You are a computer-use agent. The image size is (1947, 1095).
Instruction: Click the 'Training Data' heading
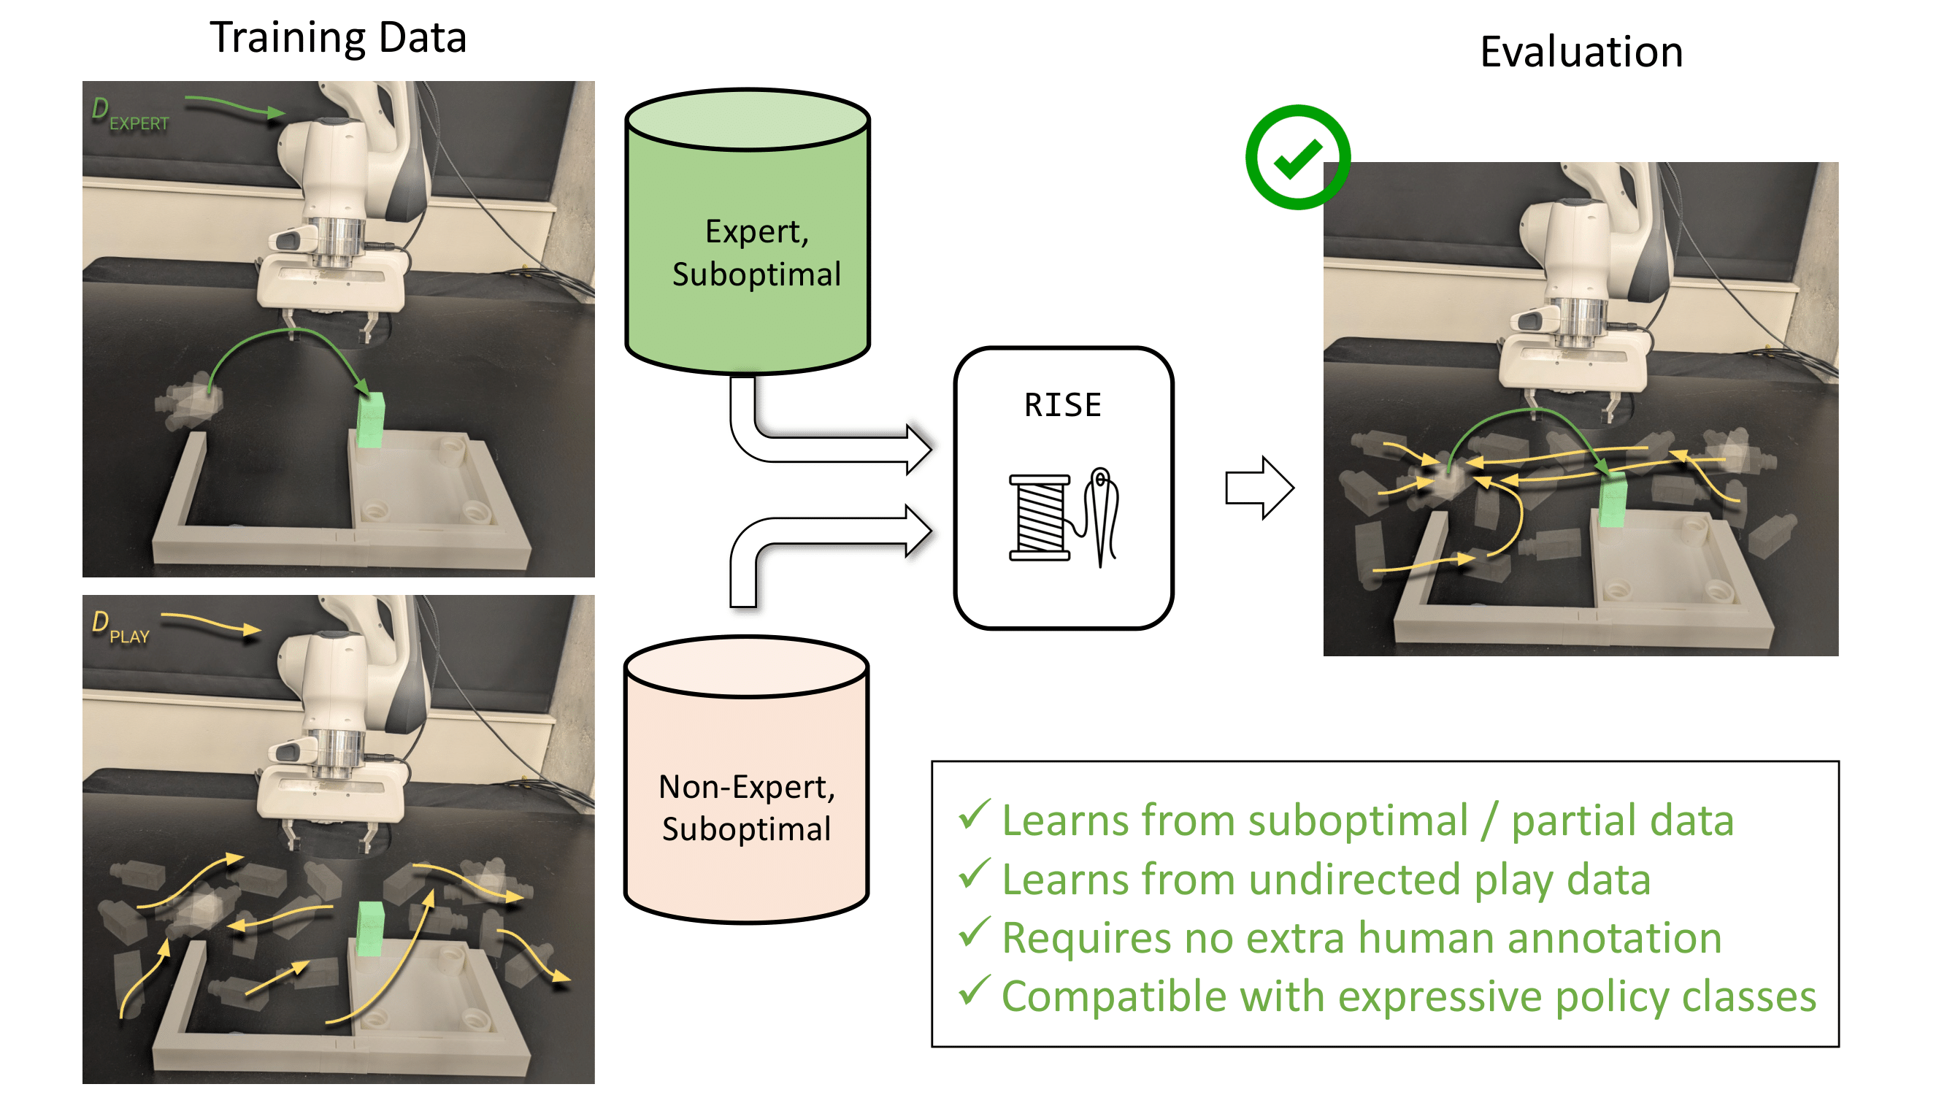click(338, 38)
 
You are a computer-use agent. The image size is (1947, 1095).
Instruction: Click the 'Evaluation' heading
click(1581, 52)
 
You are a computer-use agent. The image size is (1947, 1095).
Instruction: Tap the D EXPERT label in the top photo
click(129, 115)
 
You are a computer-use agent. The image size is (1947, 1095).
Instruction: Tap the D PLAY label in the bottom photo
click(120, 628)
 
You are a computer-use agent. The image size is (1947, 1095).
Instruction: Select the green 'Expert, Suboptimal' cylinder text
click(756, 253)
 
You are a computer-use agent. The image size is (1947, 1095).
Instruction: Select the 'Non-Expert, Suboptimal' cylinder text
click(747, 808)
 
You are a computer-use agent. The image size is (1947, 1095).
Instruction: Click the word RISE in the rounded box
click(1063, 405)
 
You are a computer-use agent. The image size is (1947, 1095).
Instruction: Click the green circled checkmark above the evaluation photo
click(1297, 157)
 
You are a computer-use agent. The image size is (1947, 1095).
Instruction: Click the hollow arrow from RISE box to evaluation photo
click(1259, 488)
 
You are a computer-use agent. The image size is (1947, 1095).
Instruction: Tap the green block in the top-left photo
click(370, 420)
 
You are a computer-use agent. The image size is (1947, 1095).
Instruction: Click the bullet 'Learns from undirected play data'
click(1326, 880)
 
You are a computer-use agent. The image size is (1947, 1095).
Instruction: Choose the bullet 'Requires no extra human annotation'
click(1362, 938)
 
